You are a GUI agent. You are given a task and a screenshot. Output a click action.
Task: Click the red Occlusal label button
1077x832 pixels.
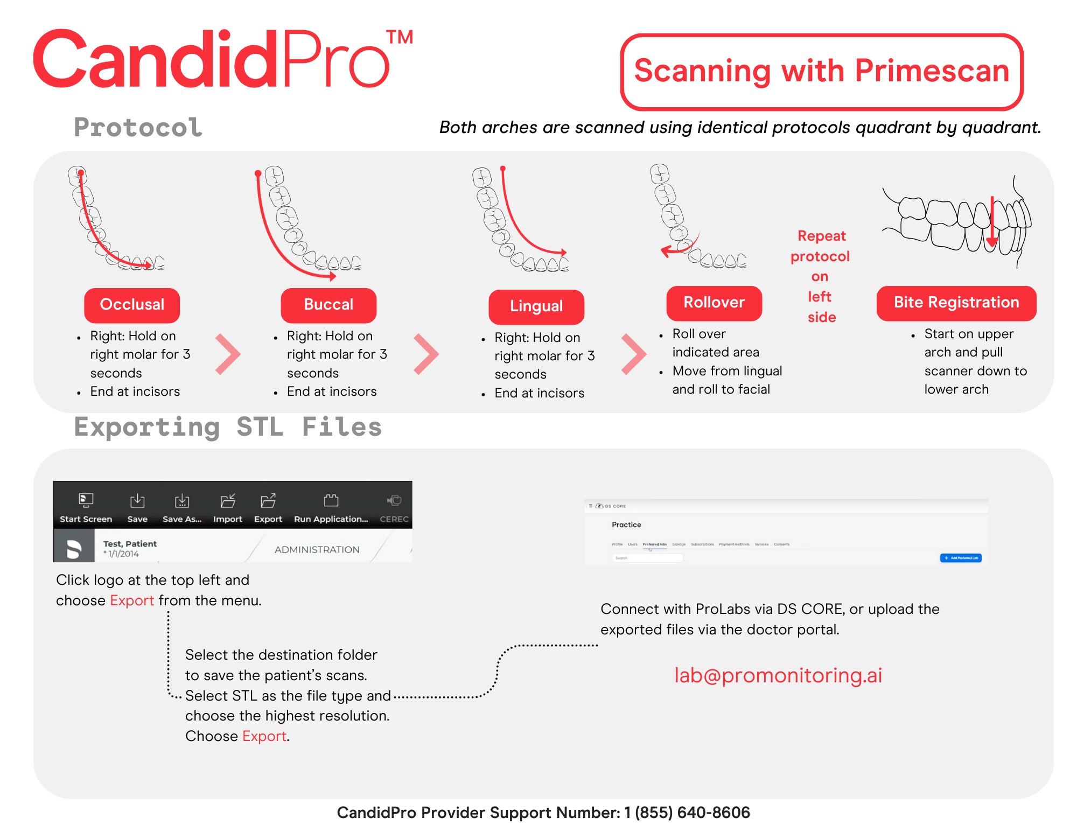coord(132,305)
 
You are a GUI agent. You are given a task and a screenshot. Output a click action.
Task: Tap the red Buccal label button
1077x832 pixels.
coord(328,305)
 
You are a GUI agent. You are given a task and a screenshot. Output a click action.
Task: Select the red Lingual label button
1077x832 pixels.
coord(536,306)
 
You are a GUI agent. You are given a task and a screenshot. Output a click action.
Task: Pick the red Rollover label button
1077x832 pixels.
coord(714,303)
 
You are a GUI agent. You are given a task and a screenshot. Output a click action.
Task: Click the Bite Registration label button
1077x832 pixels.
coord(956,303)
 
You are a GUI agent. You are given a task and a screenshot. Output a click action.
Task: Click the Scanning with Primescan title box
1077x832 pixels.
coord(822,72)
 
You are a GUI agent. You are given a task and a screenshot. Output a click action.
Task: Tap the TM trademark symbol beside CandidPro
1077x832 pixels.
coord(400,38)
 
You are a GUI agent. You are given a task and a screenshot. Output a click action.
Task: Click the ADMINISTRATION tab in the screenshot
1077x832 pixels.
coord(317,549)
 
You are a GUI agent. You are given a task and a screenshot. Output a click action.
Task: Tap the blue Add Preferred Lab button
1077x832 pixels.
coord(961,558)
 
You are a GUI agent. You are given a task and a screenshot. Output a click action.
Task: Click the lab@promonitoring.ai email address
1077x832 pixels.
coord(778,675)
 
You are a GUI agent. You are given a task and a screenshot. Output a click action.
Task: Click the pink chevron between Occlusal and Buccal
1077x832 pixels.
coord(228,354)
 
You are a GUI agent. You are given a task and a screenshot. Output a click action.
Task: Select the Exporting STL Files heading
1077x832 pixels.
coord(228,427)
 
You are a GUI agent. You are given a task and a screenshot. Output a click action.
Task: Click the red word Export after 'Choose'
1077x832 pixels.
coord(264,736)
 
